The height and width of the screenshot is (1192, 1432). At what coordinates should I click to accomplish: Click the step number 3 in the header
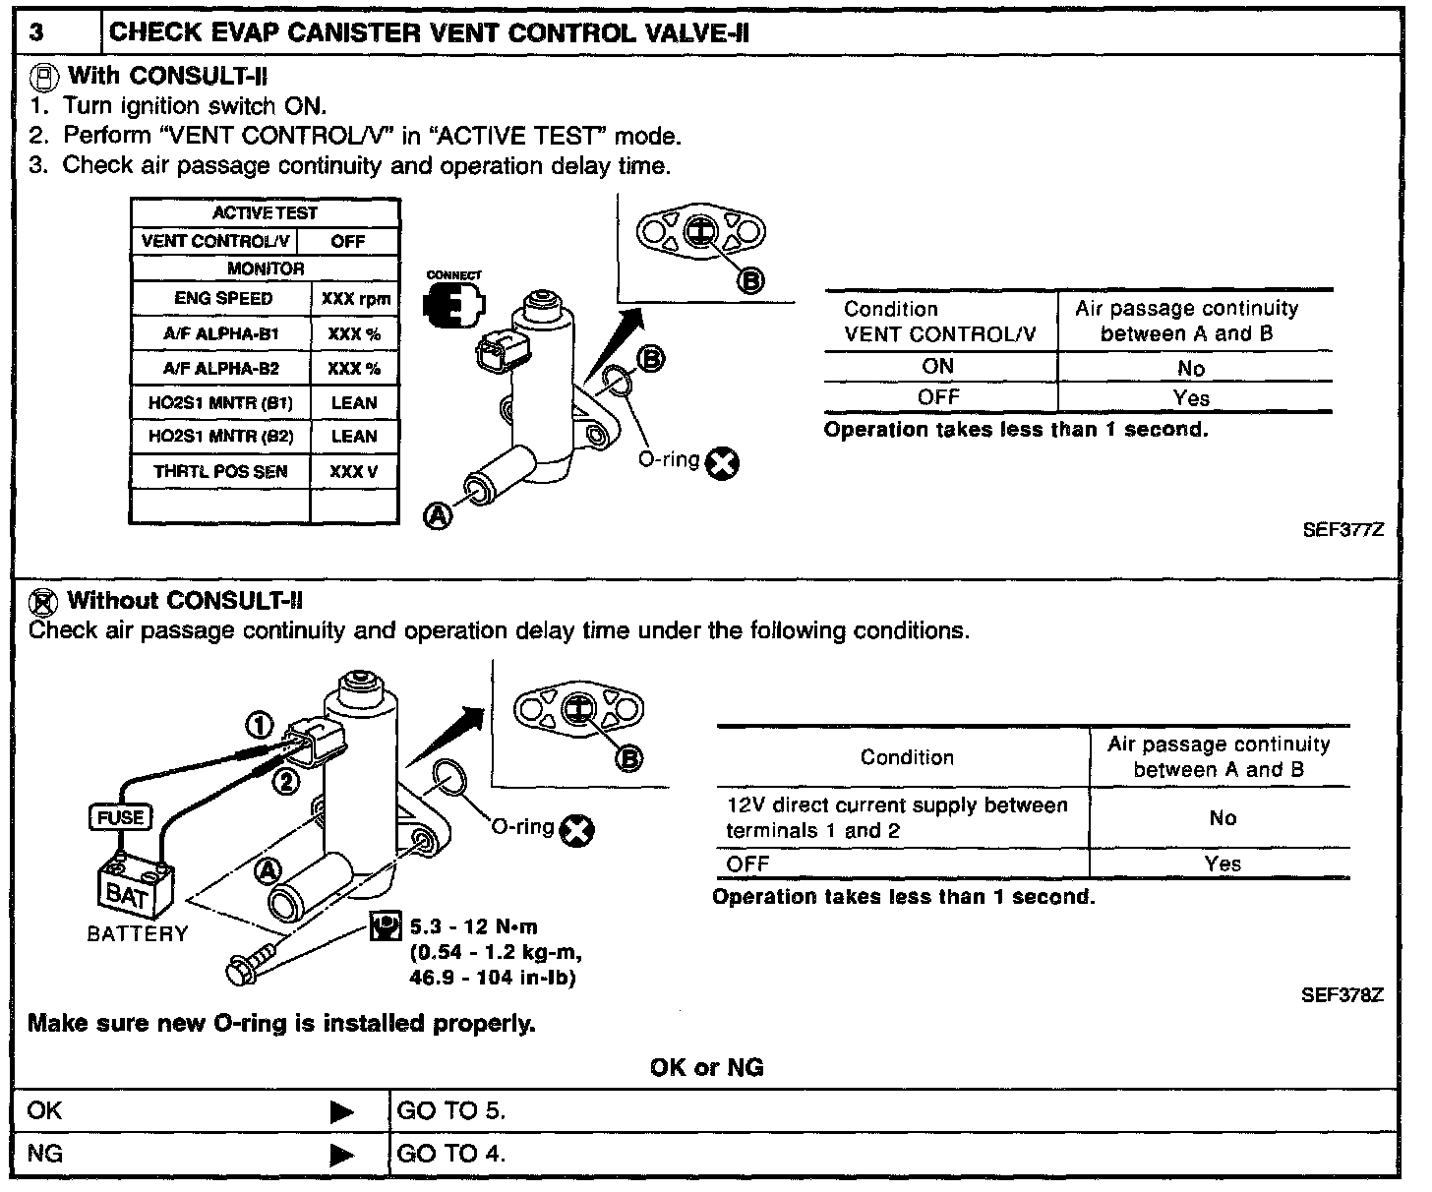(x=36, y=32)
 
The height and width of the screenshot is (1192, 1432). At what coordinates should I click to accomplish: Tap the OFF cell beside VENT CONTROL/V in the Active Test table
(x=347, y=241)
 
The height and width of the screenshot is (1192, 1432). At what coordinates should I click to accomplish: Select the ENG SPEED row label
(x=223, y=298)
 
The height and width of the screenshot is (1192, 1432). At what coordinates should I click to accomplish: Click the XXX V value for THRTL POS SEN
(x=354, y=472)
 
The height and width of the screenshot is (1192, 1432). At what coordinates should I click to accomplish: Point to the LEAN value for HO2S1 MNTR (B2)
(x=354, y=437)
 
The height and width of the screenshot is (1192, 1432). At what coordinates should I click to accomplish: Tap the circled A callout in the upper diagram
(x=439, y=513)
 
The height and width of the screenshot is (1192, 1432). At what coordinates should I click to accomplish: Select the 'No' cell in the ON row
(x=1191, y=368)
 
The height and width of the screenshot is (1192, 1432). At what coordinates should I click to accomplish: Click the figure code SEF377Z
(x=1342, y=530)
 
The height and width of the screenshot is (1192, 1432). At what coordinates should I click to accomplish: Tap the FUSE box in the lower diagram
(x=121, y=817)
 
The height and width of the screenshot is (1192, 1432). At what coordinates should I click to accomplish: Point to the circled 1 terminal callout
(x=259, y=726)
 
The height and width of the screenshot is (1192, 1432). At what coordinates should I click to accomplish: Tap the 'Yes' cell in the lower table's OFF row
(x=1223, y=864)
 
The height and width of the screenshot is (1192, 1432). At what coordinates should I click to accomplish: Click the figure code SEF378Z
(x=1342, y=994)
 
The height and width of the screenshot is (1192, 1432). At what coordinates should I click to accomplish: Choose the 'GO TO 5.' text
(x=450, y=1111)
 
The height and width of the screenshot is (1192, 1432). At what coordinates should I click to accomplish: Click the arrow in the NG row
(x=341, y=1154)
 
